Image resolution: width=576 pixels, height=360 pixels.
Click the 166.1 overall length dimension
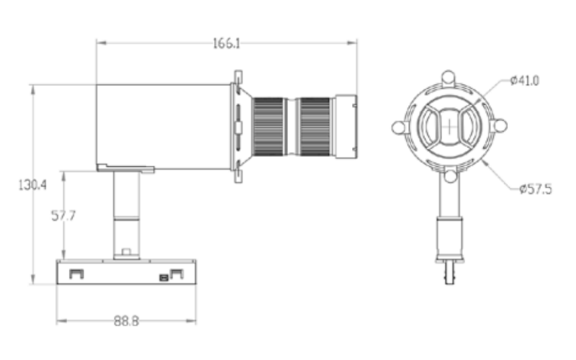coord(226,43)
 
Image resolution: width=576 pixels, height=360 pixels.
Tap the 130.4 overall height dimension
coord(32,185)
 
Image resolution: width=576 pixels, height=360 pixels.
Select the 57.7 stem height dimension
coord(63,215)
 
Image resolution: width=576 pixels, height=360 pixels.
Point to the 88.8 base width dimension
coord(126,321)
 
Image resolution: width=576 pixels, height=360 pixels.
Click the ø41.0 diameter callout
coord(525,81)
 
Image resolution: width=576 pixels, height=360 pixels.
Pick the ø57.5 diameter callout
coord(536,189)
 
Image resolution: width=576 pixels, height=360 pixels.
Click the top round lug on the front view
coord(448,77)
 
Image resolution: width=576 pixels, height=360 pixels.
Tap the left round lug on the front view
coord(398,127)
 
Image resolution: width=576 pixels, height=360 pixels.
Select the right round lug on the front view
coord(500,126)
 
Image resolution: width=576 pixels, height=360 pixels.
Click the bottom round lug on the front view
coord(451,176)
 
